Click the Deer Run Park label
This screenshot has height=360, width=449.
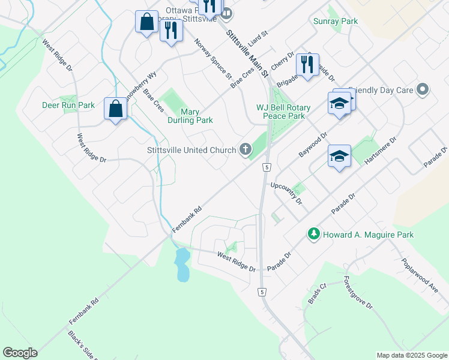68,105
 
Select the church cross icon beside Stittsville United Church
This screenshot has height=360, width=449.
245,149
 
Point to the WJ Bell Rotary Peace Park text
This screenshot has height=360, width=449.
283,112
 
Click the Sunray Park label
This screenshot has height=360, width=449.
336,21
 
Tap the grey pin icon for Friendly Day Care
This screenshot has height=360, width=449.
423,90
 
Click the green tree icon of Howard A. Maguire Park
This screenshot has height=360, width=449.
313,234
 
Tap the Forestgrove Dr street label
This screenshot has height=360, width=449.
358,293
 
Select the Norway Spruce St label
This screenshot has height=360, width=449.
213,59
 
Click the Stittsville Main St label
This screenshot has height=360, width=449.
247,55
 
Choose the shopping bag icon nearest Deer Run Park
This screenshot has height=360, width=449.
115,109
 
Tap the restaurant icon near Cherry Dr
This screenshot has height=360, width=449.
307,63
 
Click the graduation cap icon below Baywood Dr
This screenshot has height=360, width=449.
339,157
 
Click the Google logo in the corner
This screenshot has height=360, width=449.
20,353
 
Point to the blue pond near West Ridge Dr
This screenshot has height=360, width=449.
182,265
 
